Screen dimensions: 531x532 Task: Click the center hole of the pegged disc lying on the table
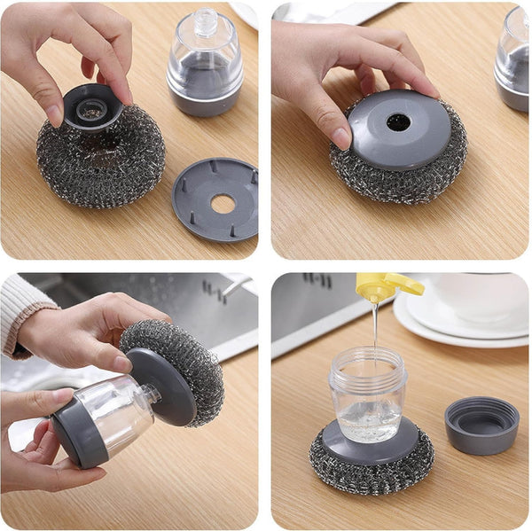pyautogui.click(x=222, y=203)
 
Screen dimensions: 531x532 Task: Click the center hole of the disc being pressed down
pyautogui.click(x=398, y=122)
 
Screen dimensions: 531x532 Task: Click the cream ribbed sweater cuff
pyautogui.click(x=22, y=310)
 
